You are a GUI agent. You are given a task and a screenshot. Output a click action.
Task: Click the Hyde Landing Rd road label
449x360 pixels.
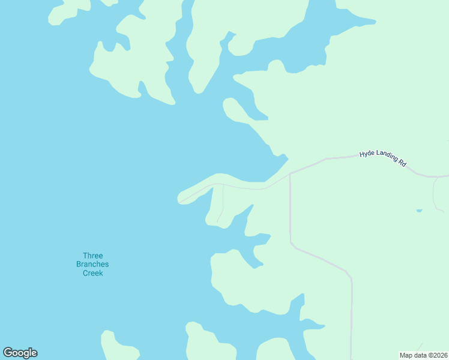point(383,158)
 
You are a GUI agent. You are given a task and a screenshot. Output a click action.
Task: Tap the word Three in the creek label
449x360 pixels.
point(93,256)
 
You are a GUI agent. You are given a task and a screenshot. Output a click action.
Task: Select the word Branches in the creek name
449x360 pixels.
point(93,265)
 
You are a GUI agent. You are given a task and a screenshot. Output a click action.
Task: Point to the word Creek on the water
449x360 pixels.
point(93,273)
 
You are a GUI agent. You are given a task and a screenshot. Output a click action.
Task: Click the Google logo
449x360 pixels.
point(20,353)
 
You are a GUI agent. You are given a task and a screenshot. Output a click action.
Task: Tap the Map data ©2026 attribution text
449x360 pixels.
point(424,355)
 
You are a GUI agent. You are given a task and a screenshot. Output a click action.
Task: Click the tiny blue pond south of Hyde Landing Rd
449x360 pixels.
point(419,211)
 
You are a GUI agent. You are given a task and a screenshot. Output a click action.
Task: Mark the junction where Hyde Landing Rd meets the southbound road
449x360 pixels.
point(290,174)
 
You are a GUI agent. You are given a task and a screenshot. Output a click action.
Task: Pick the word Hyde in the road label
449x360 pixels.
point(367,154)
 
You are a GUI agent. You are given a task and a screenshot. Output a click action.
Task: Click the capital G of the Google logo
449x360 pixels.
point(8,353)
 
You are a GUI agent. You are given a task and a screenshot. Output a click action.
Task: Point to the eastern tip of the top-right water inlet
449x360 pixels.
point(375,23)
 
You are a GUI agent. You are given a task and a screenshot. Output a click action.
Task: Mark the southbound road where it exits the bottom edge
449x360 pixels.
point(352,357)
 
